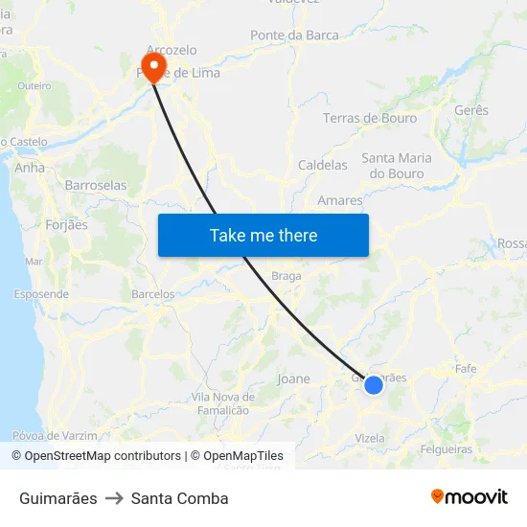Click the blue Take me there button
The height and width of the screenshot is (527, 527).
coord(263,235)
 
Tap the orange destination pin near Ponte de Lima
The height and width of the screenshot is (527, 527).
coord(152,65)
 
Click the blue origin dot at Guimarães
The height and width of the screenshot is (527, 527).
coord(374,384)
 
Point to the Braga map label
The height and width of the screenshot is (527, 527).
coord(286,276)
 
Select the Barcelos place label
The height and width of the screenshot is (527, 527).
coord(153,294)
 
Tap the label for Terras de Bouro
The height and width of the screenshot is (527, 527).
coord(370,118)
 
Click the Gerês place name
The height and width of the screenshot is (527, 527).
coord(470,110)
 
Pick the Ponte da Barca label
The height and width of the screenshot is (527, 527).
coord(294,35)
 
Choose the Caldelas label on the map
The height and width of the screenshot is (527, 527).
coord(323,165)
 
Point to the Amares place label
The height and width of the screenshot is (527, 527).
coord(339,200)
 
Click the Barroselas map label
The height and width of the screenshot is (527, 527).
coord(95,185)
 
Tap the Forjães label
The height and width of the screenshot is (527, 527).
coord(66,225)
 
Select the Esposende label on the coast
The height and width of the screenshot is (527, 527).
coord(40,294)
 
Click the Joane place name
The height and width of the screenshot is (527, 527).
coord(293,378)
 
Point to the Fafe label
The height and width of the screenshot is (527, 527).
coord(466,368)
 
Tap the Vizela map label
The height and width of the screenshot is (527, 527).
coord(369,438)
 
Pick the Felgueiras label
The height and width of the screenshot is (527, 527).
coord(446,448)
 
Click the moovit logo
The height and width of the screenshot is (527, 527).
coord(470,496)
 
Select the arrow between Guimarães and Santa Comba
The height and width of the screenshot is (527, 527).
coord(114,498)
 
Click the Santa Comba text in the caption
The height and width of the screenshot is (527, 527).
coord(180,498)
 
